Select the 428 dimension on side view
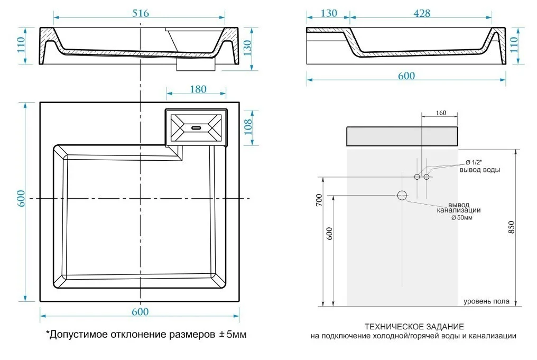[x=421, y=13]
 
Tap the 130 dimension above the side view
[x=329, y=13]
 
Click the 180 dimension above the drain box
[x=197, y=89]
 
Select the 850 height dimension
[x=511, y=227]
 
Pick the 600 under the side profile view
[x=406, y=76]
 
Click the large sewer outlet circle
[x=402, y=196]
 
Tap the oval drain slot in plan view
[x=197, y=127]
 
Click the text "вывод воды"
[x=479, y=170]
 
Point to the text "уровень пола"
[x=486, y=301]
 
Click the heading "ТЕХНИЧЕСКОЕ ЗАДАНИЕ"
[x=414, y=326]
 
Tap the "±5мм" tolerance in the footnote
[x=233, y=335]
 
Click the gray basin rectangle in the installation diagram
[x=402, y=136]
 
